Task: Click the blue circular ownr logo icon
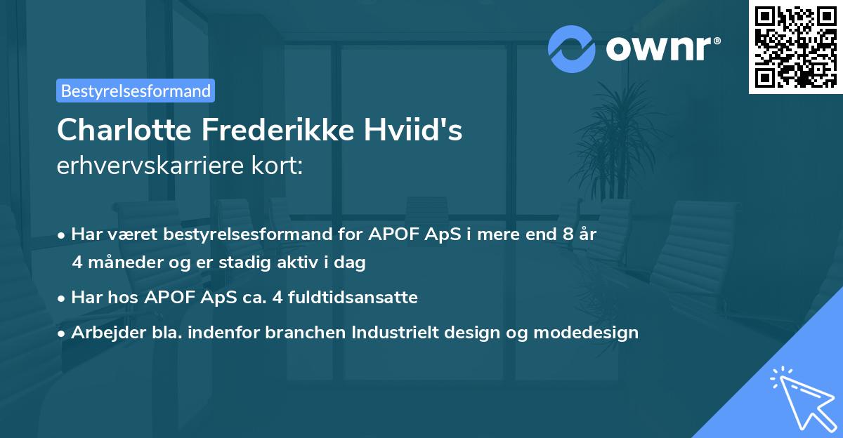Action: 572,48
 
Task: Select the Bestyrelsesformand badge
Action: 136,91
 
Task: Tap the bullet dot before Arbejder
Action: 63,333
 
